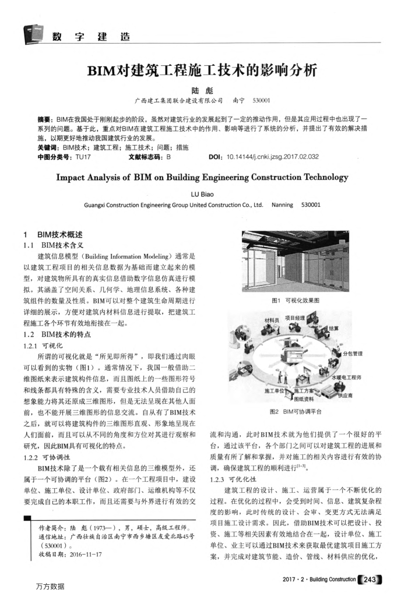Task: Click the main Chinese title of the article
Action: click(204, 72)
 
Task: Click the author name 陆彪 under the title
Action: click(203, 91)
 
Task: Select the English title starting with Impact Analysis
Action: click(204, 177)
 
